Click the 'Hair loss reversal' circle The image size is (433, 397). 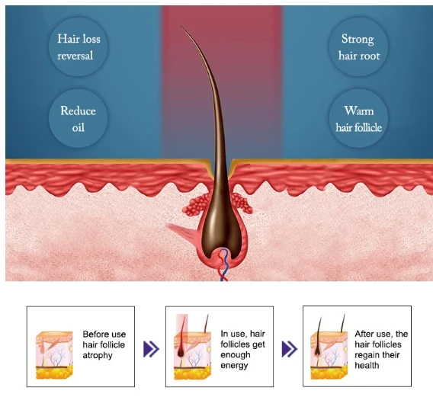click(x=79, y=46)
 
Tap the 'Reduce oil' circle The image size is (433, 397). click(x=79, y=118)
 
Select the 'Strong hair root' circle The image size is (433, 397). click(x=359, y=46)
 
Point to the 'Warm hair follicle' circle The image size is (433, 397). click(x=359, y=118)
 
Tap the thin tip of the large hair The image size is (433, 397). click(x=181, y=27)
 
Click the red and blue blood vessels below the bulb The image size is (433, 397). click(x=223, y=265)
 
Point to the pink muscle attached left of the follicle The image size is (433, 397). click(x=183, y=233)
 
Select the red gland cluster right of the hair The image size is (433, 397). click(x=242, y=203)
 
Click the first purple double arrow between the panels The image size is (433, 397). click(x=151, y=349)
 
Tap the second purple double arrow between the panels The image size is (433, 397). click(x=290, y=349)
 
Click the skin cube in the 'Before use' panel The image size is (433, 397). click(x=55, y=355)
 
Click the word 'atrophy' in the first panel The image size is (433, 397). click(x=98, y=355)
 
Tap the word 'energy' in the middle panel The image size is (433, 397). click(x=234, y=366)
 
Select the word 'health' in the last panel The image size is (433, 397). click(x=367, y=365)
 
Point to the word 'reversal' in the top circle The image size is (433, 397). click(x=75, y=56)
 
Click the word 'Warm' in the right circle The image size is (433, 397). click(x=359, y=110)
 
